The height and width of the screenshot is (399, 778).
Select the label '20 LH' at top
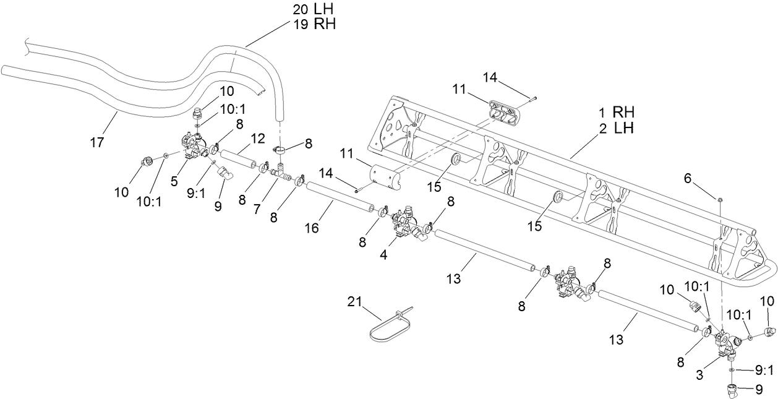[x=312, y=10]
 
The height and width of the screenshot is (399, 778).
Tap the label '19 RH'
[x=312, y=25]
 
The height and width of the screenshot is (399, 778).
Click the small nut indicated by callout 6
[x=721, y=199]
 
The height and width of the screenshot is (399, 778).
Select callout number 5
[x=174, y=181]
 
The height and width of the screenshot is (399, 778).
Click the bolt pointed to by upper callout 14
[x=532, y=97]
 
